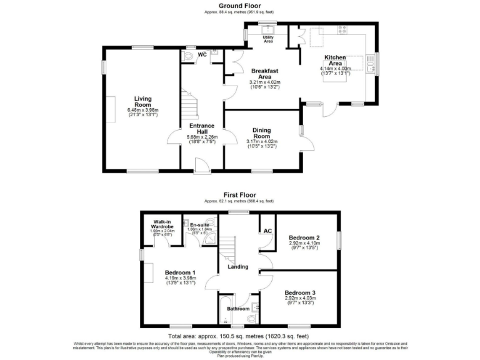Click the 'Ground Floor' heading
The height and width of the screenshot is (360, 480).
(239, 6)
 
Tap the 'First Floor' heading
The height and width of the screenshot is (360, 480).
(239, 195)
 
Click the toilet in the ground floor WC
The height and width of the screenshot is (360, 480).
(189, 56)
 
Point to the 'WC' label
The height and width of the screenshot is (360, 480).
(202, 55)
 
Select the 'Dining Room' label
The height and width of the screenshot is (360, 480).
(261, 132)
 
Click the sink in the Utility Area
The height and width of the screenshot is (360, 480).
(269, 29)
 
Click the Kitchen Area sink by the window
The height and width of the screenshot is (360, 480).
(373, 62)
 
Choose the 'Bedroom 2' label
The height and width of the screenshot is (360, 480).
(304, 237)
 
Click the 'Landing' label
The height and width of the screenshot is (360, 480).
(238, 267)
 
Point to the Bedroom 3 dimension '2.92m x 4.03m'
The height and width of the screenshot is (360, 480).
(301, 299)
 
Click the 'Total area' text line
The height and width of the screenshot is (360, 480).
(239, 335)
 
